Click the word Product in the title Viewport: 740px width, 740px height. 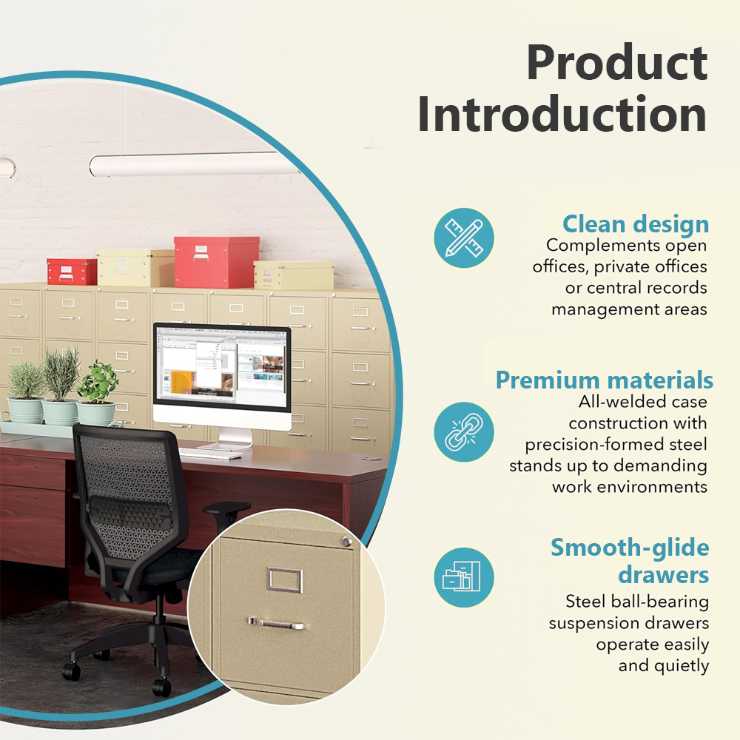coord(617,62)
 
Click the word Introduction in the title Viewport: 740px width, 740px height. coord(562,114)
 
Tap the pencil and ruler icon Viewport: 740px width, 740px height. coord(464,238)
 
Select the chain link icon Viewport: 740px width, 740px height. coord(464,432)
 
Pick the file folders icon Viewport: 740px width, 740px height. coord(464,577)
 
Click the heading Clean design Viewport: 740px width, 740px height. coord(635,223)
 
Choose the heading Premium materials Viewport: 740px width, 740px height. coord(604,380)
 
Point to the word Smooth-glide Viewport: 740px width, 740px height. coord(630,548)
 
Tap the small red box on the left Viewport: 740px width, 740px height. coord(72,272)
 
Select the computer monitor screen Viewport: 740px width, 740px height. coord(222,367)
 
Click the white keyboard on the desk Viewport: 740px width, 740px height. coord(210,454)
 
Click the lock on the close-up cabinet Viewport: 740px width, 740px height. coord(347,542)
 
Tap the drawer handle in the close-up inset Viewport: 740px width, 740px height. coord(277,623)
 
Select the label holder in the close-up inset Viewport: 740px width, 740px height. coord(285,579)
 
